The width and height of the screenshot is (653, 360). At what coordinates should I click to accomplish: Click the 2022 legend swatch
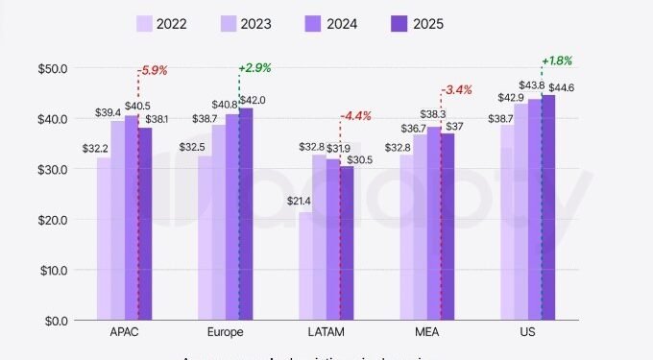point(146,22)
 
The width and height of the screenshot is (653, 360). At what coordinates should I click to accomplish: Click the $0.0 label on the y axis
point(49,320)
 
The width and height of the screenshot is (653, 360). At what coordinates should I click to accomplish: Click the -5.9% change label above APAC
point(153,70)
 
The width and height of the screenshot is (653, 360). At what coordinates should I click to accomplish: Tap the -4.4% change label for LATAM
point(356,116)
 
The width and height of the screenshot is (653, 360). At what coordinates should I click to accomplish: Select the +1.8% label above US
point(557,60)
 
